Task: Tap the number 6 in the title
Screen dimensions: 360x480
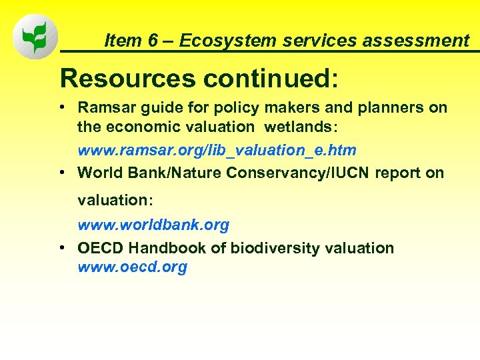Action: pyautogui.click(x=153, y=41)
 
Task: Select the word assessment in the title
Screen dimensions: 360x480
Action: pyautogui.click(x=423, y=41)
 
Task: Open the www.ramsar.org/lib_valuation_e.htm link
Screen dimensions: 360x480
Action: pyautogui.click(x=217, y=150)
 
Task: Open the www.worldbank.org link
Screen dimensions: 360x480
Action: pyautogui.click(x=153, y=225)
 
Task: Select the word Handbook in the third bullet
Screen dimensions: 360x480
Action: pyautogui.click(x=169, y=249)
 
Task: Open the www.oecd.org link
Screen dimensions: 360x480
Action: pyautogui.click(x=132, y=267)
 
